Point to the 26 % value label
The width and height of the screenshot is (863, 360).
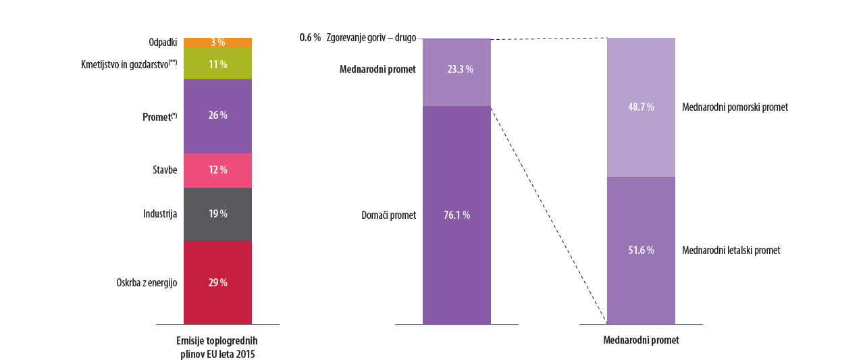point(217,115)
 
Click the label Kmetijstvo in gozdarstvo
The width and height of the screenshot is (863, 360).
point(128,65)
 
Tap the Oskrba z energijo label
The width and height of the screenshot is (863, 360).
point(147,283)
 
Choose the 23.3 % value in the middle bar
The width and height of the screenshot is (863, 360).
point(460,69)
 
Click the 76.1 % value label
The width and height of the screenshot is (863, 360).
point(456,215)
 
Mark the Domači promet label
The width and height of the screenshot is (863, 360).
point(389,215)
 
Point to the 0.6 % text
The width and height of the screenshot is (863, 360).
point(310,38)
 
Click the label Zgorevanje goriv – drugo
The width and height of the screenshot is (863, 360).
point(371,38)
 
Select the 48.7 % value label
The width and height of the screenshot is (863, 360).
point(641,107)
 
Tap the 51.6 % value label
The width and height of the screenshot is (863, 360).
point(641,251)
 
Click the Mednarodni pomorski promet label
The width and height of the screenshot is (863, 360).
point(735,107)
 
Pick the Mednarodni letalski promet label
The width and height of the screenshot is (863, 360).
point(731,251)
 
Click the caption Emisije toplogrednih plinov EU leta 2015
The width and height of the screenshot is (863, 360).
point(217,347)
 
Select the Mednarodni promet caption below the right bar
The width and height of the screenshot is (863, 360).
point(641,340)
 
